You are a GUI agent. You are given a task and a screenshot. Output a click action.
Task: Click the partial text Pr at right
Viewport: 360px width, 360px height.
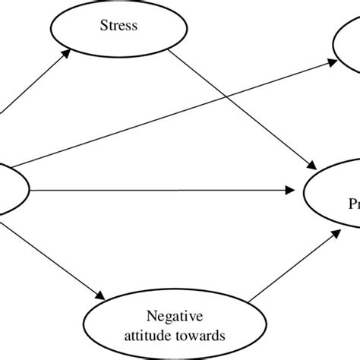(354, 204)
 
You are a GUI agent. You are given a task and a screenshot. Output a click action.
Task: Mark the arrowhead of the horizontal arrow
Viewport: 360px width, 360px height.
(293, 188)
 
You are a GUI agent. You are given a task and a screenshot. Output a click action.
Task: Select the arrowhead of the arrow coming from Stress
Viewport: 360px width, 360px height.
(311, 166)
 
